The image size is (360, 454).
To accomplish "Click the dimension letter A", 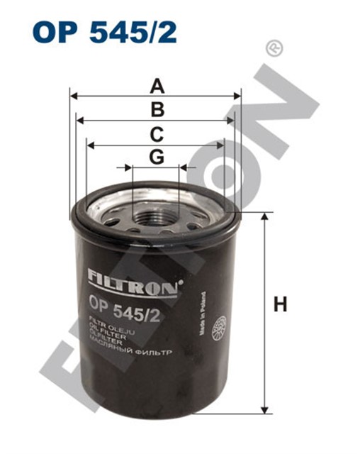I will pos(157,86).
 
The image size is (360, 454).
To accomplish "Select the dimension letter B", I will pos(157,109).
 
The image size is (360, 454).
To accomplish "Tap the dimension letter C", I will pos(157,133).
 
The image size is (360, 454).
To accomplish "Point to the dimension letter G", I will pos(157,157).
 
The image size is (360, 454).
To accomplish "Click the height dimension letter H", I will pos(281,306).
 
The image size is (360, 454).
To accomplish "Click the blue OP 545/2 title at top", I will pos(105,31).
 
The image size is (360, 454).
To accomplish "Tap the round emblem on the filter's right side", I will pos(221,328).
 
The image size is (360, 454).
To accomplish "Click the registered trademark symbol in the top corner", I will pos(271,48).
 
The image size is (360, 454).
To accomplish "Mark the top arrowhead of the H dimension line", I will pos(265,216).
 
